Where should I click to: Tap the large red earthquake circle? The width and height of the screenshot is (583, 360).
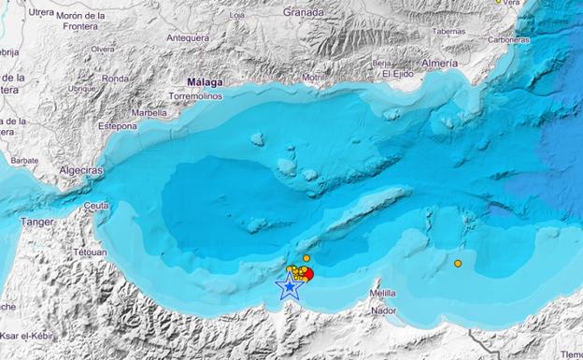click(307, 274)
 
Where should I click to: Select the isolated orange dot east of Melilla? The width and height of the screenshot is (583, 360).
click(458, 264)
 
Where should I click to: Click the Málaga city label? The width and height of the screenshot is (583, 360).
click(205, 82)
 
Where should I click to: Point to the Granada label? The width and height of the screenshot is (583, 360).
click(305, 13)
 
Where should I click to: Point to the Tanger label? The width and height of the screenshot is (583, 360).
click(36, 222)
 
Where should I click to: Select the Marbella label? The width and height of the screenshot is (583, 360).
click(149, 112)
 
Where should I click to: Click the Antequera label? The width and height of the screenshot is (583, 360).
click(187, 38)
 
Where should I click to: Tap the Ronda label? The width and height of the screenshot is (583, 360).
click(115, 79)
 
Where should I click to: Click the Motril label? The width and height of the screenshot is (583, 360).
click(314, 77)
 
